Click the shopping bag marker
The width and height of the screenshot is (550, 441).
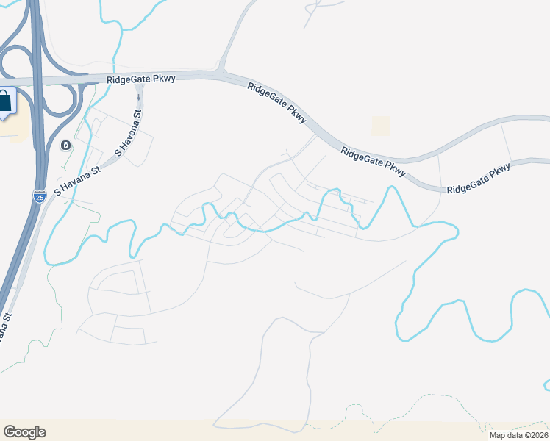pyautogui.click(x=5, y=103)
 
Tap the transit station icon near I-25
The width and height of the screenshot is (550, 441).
pyautogui.click(x=66, y=145)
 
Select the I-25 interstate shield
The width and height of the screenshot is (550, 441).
pyautogui.click(x=40, y=196)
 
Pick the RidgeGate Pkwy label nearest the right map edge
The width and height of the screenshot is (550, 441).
pyautogui.click(x=479, y=179)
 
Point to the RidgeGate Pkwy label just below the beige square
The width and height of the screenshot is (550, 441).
pyautogui.click(x=373, y=161)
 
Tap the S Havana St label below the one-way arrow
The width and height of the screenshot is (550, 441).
pyautogui.click(x=128, y=133)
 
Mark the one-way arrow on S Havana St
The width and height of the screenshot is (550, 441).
pyautogui.click(x=138, y=96)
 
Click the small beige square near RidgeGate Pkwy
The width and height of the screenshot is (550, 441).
pyautogui.click(x=380, y=126)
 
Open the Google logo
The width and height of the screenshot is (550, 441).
pyautogui.click(x=24, y=432)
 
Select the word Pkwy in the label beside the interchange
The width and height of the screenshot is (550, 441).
pyautogui.click(x=165, y=79)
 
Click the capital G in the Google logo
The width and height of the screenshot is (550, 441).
pyautogui.click(x=9, y=432)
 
